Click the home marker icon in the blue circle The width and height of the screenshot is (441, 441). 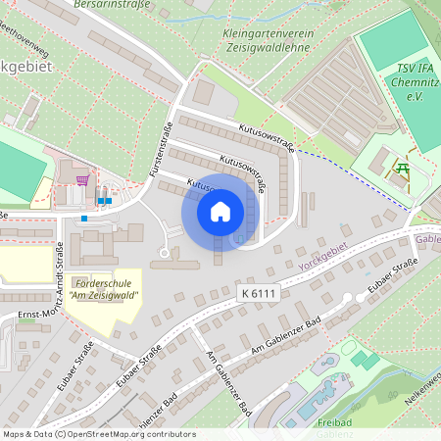[220, 211]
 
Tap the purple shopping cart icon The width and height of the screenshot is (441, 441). [83, 180]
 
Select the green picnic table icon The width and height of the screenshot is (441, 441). [402, 169]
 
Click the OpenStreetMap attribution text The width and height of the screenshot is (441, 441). [99, 434]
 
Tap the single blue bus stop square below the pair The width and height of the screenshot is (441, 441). [85, 218]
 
